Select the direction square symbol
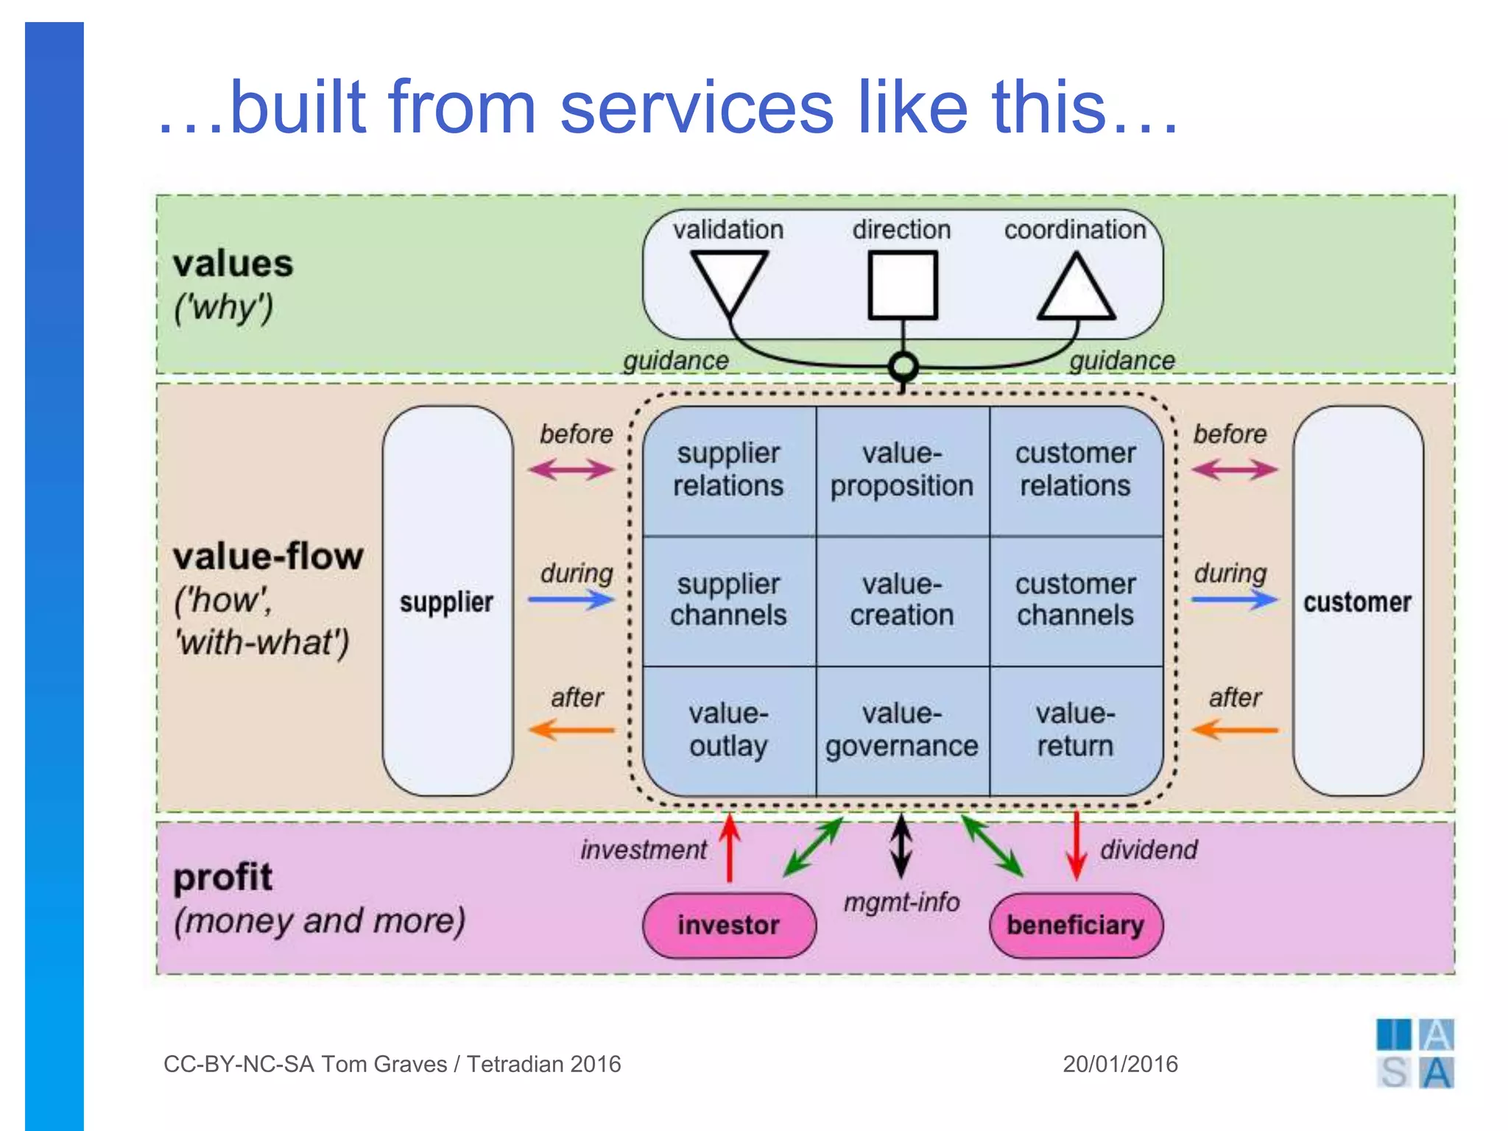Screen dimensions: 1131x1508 (x=903, y=285)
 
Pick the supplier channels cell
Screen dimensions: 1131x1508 (x=729, y=600)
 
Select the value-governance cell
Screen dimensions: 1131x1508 (x=903, y=730)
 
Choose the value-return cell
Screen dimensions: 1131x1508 (x=1076, y=730)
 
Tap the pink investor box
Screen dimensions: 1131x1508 (x=729, y=925)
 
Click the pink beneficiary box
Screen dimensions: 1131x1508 (x=1076, y=925)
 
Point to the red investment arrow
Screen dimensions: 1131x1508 (x=730, y=847)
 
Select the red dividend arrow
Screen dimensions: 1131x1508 (x=1077, y=847)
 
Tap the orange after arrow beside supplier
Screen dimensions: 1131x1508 (x=571, y=730)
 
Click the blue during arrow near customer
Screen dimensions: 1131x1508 (x=1235, y=599)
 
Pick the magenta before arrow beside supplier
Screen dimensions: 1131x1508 (x=571, y=469)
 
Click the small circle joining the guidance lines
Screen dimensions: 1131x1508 (x=903, y=366)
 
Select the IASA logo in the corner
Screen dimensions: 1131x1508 (x=1414, y=1054)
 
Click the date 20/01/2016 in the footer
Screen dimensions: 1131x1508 (x=1120, y=1064)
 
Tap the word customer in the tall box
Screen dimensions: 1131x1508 (x=1357, y=602)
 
